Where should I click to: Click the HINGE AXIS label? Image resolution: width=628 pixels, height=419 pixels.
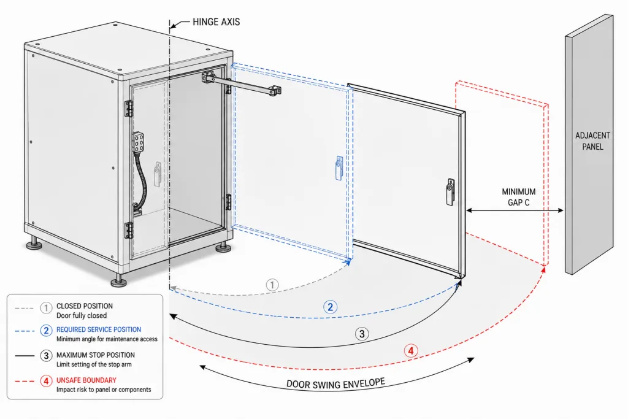pyautogui.click(x=216, y=21)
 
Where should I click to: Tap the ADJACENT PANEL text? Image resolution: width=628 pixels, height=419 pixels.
pyautogui.click(x=592, y=141)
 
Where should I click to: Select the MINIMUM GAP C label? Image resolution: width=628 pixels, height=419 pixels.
pyautogui.click(x=519, y=197)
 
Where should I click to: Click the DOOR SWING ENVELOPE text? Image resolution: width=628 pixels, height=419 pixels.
pyautogui.click(x=335, y=383)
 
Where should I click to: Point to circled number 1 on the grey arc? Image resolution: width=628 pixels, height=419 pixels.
pyautogui.click(x=272, y=285)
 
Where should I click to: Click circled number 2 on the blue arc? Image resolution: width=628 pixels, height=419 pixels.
pyautogui.click(x=330, y=307)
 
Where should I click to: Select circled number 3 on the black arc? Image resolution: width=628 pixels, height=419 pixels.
pyautogui.click(x=362, y=334)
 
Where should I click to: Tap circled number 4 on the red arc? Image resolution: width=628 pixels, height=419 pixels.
pyautogui.click(x=411, y=351)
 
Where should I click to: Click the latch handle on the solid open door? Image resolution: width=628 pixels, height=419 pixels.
pyautogui.click(x=451, y=192)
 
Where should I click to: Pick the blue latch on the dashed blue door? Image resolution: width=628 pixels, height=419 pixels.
pyautogui.click(x=339, y=168)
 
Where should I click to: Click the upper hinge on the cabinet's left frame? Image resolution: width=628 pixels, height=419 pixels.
pyautogui.click(x=129, y=109)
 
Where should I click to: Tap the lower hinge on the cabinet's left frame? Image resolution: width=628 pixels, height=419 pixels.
pyautogui.click(x=129, y=230)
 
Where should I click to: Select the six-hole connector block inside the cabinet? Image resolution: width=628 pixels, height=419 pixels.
pyautogui.click(x=139, y=142)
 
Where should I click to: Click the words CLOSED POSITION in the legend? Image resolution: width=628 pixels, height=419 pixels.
pyautogui.click(x=85, y=306)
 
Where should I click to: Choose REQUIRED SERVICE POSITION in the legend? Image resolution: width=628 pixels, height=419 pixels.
pyautogui.click(x=99, y=329)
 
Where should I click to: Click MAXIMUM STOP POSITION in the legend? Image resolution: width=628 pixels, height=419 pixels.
pyautogui.click(x=95, y=355)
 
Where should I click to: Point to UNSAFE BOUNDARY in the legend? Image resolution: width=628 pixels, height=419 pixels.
pyautogui.click(x=86, y=380)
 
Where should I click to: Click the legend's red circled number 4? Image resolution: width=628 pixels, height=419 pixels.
pyautogui.click(x=46, y=380)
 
